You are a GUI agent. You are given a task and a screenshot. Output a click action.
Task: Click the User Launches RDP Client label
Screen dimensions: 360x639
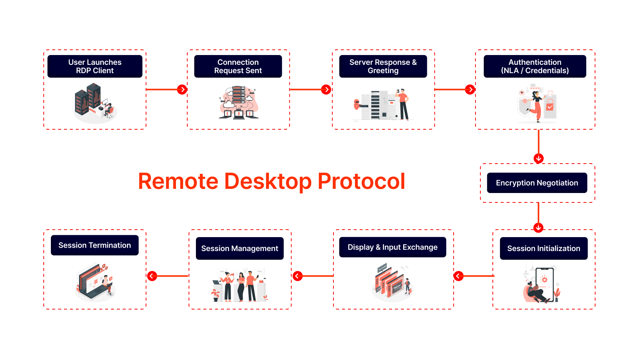[x=95, y=66]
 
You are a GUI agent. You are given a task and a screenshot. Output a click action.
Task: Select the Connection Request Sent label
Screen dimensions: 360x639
[x=238, y=66]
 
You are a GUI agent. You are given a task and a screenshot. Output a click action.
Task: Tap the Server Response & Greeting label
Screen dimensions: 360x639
[x=383, y=66]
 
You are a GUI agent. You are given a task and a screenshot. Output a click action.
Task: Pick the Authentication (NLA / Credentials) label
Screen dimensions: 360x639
[x=535, y=66]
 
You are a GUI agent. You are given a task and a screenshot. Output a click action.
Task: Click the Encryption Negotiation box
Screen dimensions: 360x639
[x=537, y=183]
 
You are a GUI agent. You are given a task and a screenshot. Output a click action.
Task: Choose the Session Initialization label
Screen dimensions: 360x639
[x=544, y=248]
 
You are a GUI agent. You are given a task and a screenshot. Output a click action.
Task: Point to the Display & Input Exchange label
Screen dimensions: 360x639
[x=393, y=247]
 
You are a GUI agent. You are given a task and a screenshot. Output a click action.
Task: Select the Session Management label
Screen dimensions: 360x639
[x=240, y=248]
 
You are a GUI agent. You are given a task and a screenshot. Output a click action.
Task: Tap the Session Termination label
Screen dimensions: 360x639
[x=95, y=245]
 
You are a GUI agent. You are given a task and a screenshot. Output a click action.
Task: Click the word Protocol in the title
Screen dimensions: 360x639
[x=361, y=181]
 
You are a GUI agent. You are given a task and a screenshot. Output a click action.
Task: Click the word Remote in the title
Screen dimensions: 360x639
[x=178, y=181]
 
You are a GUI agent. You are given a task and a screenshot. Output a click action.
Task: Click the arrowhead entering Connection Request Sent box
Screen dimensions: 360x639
[x=182, y=90]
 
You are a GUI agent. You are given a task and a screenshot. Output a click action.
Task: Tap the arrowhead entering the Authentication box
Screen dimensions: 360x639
[x=470, y=90]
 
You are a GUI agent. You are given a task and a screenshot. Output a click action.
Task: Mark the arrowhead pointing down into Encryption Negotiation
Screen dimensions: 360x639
[x=539, y=158]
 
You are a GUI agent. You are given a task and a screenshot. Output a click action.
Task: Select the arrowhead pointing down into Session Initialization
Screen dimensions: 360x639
[x=538, y=228]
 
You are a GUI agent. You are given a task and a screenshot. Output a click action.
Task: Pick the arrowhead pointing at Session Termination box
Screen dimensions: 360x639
[x=152, y=276]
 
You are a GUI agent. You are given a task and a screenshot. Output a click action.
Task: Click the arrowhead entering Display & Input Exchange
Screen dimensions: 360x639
[x=459, y=276]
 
